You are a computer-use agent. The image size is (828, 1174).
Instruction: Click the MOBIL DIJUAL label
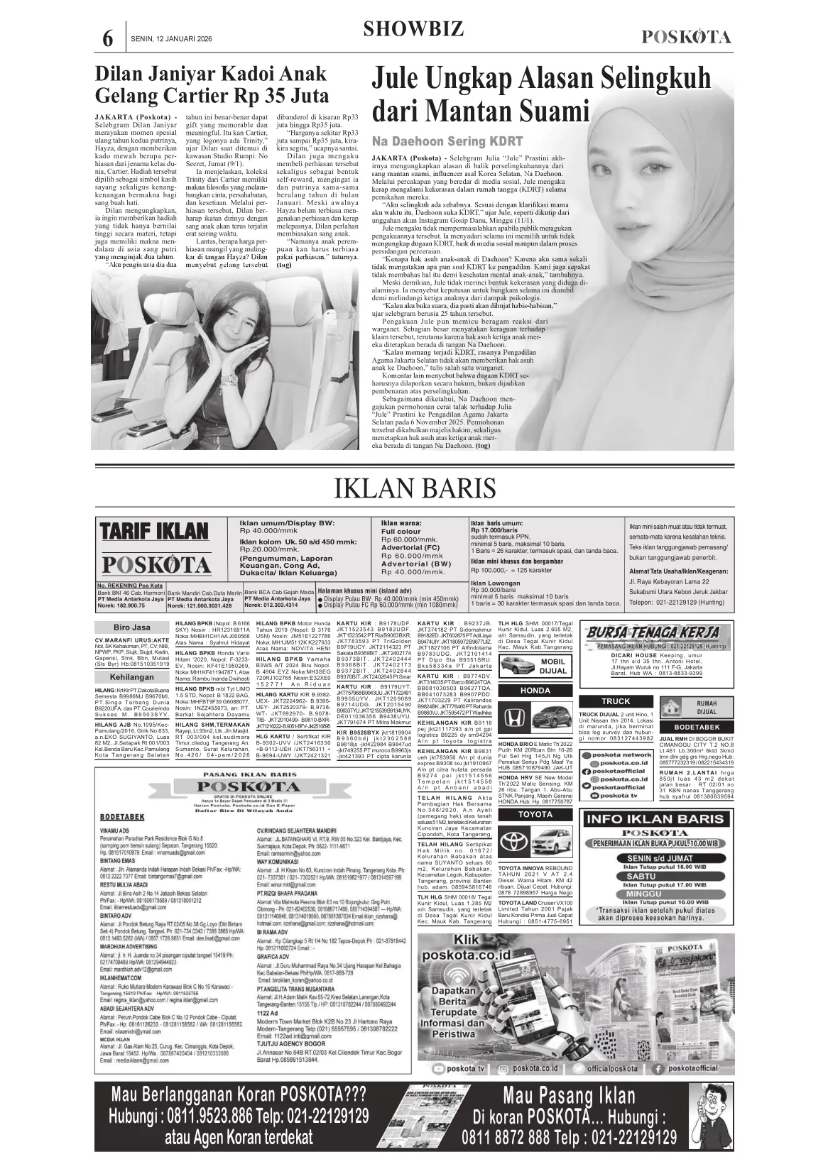tap(553, 665)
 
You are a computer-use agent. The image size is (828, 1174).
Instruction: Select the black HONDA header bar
tap(535, 691)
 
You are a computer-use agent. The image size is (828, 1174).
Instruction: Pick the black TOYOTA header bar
tap(535, 814)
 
